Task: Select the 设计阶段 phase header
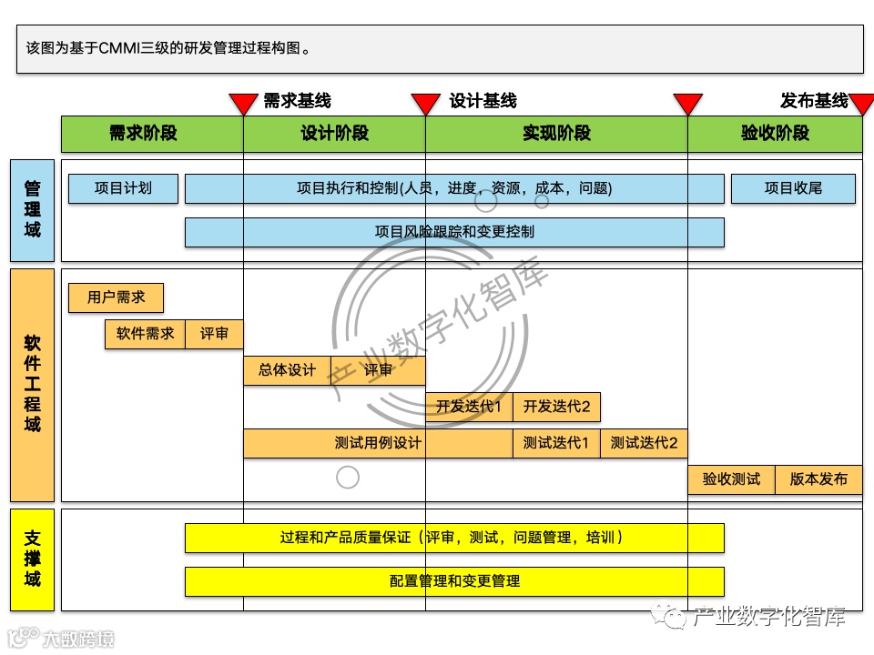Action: pos(334,134)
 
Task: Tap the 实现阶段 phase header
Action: pos(556,134)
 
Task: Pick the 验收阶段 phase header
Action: pos(775,134)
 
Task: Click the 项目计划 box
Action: pos(123,188)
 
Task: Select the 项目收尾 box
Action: pos(793,188)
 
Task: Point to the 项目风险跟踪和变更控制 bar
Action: pos(454,232)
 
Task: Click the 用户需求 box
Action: pos(116,297)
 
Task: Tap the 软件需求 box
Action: pos(145,334)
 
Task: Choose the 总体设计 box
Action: pos(287,370)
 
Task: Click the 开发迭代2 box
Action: pos(556,407)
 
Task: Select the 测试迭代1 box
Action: pos(556,443)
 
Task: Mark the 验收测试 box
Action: pos(731,479)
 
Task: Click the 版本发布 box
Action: pos(818,479)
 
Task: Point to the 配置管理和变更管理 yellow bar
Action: pos(454,581)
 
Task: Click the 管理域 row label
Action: pos(33,210)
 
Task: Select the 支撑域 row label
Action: pos(33,559)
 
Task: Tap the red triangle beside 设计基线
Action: pos(425,104)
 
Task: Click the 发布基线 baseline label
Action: pos(814,100)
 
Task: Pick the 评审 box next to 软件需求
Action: pos(214,334)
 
